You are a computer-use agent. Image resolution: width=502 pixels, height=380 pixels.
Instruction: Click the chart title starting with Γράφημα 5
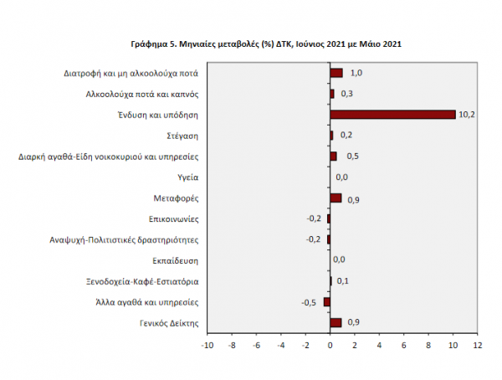(x=265, y=43)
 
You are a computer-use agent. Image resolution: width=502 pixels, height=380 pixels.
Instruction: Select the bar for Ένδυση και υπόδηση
(x=392, y=114)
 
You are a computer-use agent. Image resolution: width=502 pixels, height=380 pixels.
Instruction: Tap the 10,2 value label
(x=468, y=115)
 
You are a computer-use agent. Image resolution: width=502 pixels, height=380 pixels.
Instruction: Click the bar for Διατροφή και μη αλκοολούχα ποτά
(x=336, y=73)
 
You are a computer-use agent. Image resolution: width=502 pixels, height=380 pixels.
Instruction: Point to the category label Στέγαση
(x=182, y=135)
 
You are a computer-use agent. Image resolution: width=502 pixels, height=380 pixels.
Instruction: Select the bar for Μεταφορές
(x=336, y=198)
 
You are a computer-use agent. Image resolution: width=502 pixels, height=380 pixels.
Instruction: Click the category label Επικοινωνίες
(x=173, y=218)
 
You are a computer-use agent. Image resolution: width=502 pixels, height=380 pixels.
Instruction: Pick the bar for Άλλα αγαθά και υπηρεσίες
(x=327, y=302)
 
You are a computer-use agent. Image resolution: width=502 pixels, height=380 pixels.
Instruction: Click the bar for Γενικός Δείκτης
(x=336, y=322)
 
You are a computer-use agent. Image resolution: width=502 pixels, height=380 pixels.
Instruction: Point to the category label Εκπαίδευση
(x=175, y=260)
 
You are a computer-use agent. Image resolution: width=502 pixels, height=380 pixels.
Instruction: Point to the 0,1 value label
(x=342, y=281)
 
